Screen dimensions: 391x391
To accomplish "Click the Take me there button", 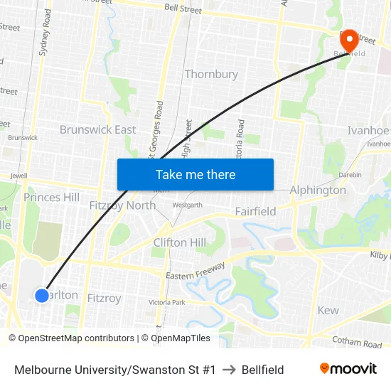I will point(195,174).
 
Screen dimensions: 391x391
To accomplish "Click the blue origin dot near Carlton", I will point(42,295).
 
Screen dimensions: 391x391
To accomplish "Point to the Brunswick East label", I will point(97,129).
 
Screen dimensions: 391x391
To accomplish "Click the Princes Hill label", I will point(52,197).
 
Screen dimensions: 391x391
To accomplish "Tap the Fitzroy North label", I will point(122,205).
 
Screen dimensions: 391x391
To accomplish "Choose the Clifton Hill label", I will point(180,242).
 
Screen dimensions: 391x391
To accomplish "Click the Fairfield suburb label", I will point(255,212).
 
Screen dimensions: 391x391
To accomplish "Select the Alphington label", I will point(318,190).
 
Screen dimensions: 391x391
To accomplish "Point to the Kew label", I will point(328,310).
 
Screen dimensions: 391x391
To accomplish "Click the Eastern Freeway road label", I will point(195,271).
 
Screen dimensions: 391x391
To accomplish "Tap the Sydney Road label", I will point(45,32).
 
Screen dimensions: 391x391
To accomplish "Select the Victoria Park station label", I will point(167,303).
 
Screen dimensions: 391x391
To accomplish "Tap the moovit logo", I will point(348,369).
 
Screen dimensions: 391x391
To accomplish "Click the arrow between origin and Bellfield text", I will point(228,370).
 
